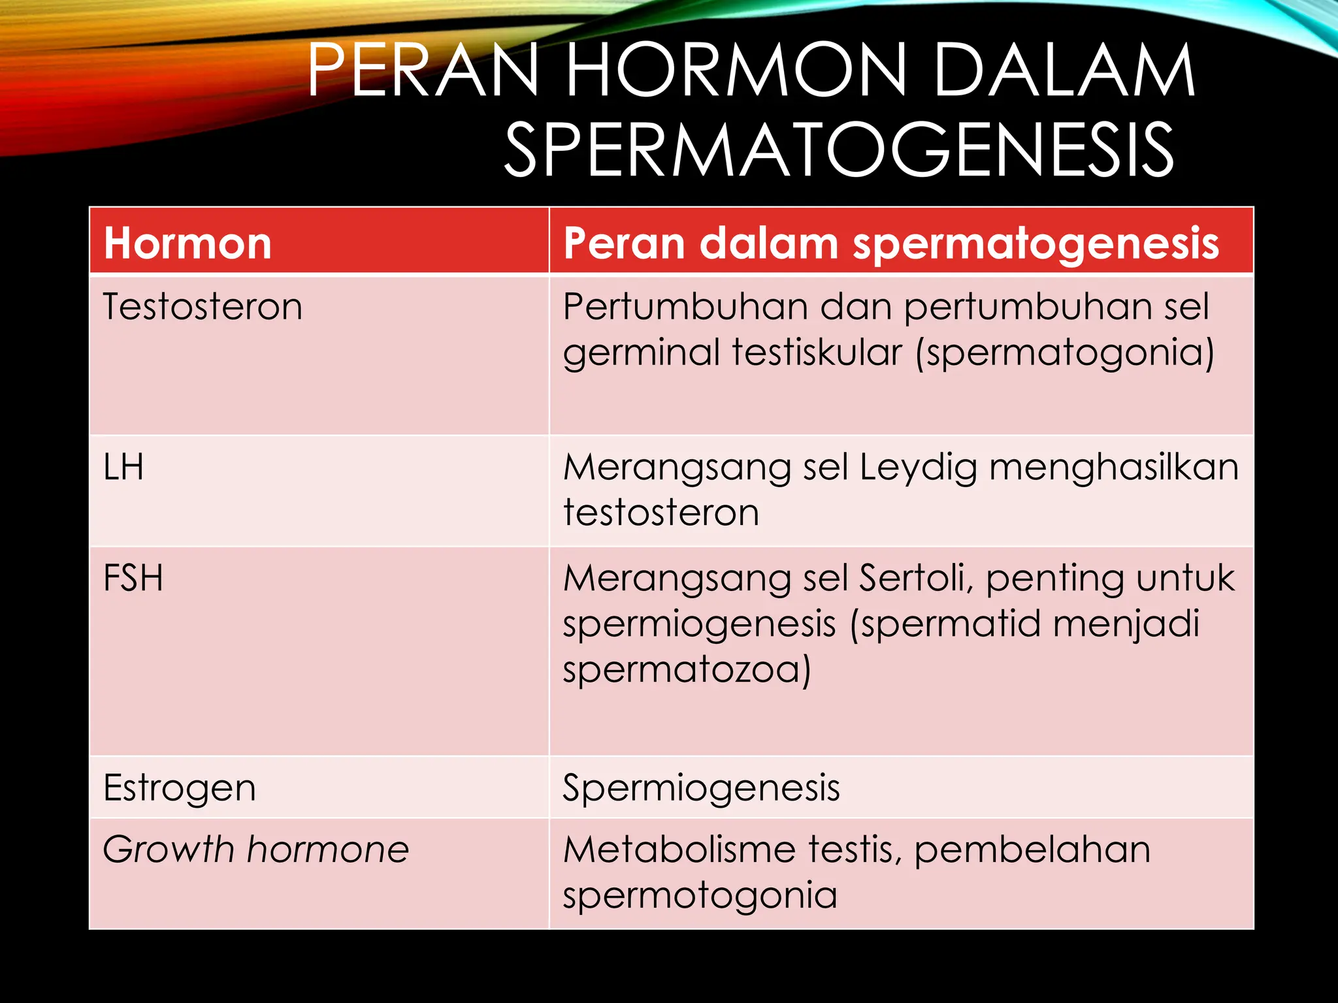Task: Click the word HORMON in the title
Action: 736,71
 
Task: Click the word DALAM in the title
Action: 1064,71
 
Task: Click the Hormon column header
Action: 188,243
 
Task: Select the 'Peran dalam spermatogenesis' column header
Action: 891,243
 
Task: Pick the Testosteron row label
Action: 203,306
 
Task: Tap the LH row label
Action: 123,468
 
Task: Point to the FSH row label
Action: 133,579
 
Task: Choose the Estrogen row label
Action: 180,788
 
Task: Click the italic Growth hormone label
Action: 255,850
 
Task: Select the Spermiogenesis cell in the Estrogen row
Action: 701,788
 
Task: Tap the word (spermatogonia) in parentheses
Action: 1065,353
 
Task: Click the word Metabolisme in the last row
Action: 679,850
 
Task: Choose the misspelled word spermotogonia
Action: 700,895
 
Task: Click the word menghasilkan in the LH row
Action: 1114,468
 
